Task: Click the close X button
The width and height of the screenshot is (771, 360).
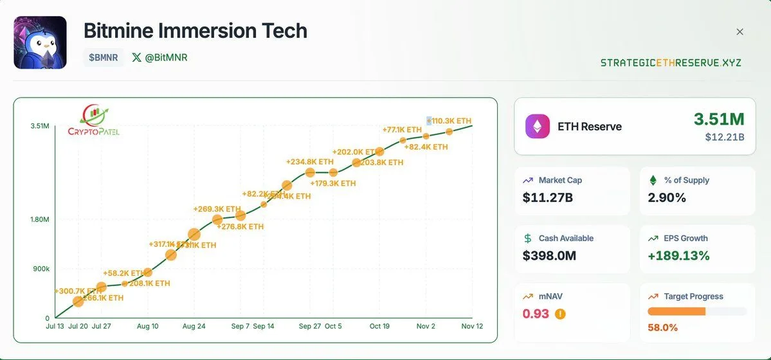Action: (739, 32)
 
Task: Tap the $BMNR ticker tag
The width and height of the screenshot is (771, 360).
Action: (103, 57)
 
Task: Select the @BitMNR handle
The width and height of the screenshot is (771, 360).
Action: (159, 57)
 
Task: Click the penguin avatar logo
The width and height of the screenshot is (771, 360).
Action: (40, 42)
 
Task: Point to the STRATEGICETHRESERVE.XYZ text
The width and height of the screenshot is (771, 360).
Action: (671, 62)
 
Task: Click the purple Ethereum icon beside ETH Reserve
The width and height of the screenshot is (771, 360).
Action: (538, 127)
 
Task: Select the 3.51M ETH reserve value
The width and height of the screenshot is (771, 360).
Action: (718, 119)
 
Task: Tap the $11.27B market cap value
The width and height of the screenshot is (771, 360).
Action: (548, 197)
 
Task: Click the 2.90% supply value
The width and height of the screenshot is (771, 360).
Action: (667, 197)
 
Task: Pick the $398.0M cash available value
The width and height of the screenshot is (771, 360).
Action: (550, 255)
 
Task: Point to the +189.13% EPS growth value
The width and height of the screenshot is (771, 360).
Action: (678, 255)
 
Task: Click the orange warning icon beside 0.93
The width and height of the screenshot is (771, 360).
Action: (560, 314)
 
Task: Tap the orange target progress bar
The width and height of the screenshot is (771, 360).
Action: (676, 311)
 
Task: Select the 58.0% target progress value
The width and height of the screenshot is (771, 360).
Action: (662, 327)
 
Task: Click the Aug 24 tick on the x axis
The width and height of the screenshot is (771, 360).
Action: (194, 327)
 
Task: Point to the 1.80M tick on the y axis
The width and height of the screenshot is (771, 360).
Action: (39, 220)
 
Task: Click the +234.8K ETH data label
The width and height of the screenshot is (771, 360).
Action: (310, 162)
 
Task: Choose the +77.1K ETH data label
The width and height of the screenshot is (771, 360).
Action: (402, 130)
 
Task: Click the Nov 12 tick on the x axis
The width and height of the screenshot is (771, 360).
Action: (472, 327)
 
